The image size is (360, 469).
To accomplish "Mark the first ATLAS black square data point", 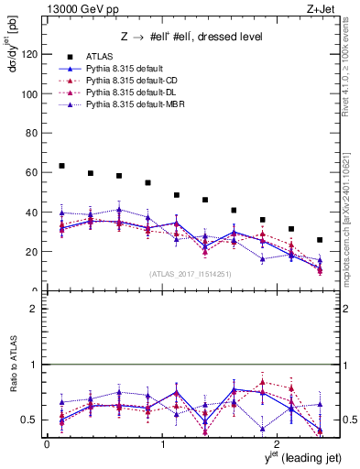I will click(x=61, y=166).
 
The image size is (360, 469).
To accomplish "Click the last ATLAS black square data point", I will click(x=320, y=240).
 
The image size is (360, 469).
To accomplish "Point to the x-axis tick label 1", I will click(x=162, y=444).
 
